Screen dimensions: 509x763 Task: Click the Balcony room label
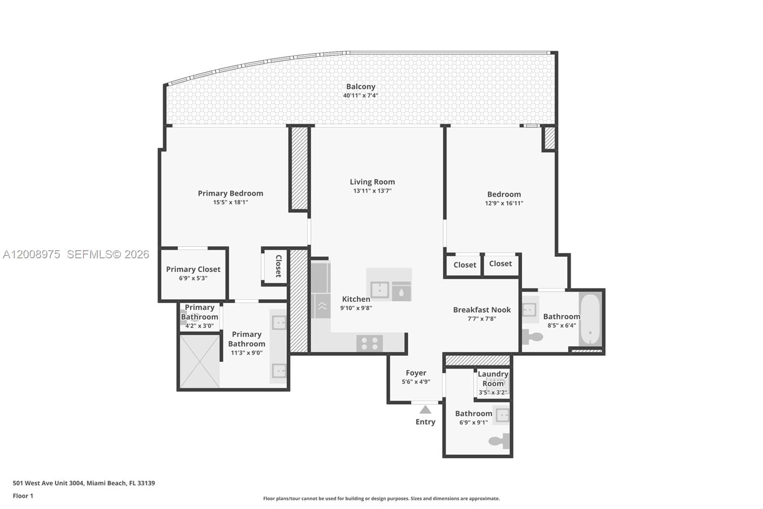(361, 86)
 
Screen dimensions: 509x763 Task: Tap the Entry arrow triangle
(425, 410)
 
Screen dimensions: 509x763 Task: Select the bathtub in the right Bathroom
(590, 318)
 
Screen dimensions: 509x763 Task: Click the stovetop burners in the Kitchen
(370, 343)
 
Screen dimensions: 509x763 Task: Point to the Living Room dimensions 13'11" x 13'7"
(372, 191)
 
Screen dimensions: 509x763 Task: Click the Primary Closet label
(193, 269)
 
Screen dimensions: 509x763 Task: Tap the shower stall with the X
(199, 361)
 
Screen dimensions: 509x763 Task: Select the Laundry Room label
(493, 379)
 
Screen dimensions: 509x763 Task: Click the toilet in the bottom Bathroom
(500, 441)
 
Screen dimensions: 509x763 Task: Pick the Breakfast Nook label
(482, 310)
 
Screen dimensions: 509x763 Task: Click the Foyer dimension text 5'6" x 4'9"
(416, 382)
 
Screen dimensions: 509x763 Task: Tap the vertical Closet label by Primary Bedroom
(278, 266)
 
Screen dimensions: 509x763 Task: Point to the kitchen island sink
(380, 289)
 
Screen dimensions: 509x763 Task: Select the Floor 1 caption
(23, 496)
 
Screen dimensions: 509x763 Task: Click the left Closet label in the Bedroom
(464, 265)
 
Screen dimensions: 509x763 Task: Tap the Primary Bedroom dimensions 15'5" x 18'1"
(230, 202)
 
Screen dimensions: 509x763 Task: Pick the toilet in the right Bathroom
(532, 337)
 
